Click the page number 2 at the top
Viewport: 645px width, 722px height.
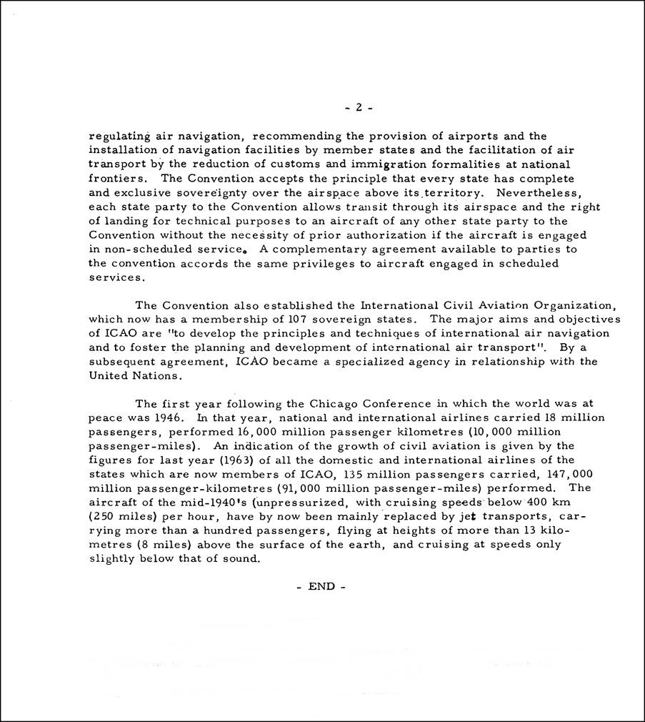tap(359, 108)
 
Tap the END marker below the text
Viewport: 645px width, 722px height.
tap(321, 586)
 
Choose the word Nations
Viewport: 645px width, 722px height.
tap(157, 375)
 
